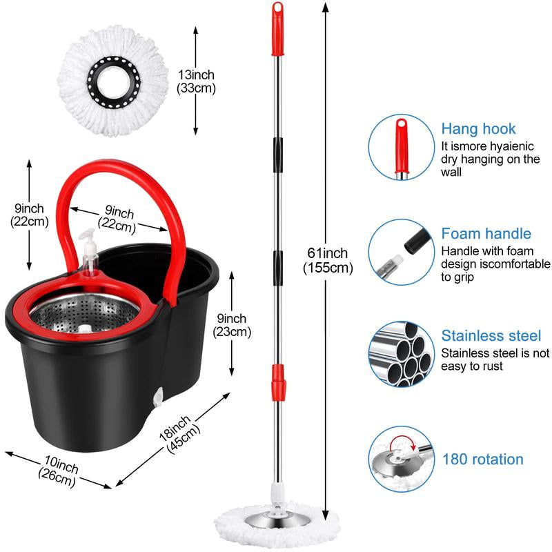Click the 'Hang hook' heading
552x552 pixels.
click(x=478, y=129)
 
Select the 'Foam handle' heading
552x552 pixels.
click(x=486, y=234)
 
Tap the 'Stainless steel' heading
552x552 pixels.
click(x=491, y=336)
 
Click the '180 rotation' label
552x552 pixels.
click(x=482, y=459)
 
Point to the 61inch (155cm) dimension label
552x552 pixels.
click(x=328, y=261)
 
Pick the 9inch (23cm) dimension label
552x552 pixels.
click(x=230, y=324)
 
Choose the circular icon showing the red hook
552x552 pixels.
click(x=401, y=146)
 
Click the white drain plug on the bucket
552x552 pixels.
click(x=157, y=399)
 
